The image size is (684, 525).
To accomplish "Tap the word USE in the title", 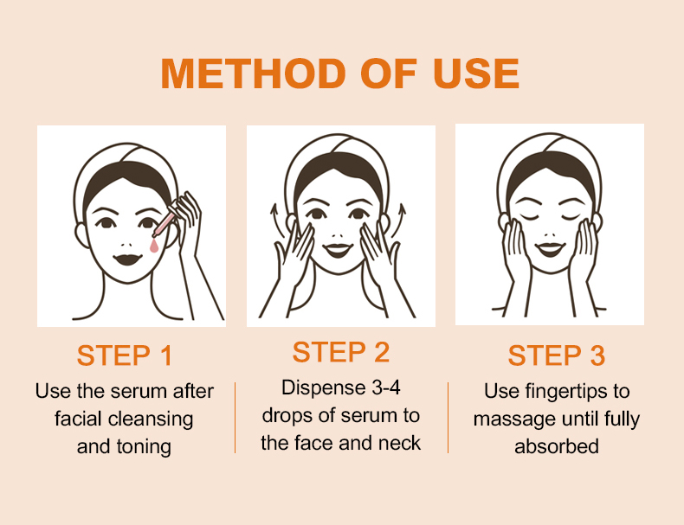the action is coord(476,74).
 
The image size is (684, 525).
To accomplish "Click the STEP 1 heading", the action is coord(125,355).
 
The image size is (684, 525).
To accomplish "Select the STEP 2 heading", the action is coord(340,352).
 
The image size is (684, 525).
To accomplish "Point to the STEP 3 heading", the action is coord(557,355).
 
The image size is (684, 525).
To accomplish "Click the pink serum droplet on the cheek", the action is coord(154,246).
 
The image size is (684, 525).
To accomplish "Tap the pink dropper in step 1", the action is coord(164,222).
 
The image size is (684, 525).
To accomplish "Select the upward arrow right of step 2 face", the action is coord(399,220).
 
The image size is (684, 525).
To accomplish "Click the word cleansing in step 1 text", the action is coord(151,419).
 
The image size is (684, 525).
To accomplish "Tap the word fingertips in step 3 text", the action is coord(565,392).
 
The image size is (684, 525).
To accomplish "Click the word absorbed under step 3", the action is coord(557,446).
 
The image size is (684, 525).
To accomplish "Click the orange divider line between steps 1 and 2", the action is coord(236,418).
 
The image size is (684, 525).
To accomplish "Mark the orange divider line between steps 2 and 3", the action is coord(448,418).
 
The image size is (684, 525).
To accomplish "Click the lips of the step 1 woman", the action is coord(127,259).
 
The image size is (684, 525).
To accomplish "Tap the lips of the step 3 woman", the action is coord(550,249).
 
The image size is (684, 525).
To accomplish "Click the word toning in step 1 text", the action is coord(143,447).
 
